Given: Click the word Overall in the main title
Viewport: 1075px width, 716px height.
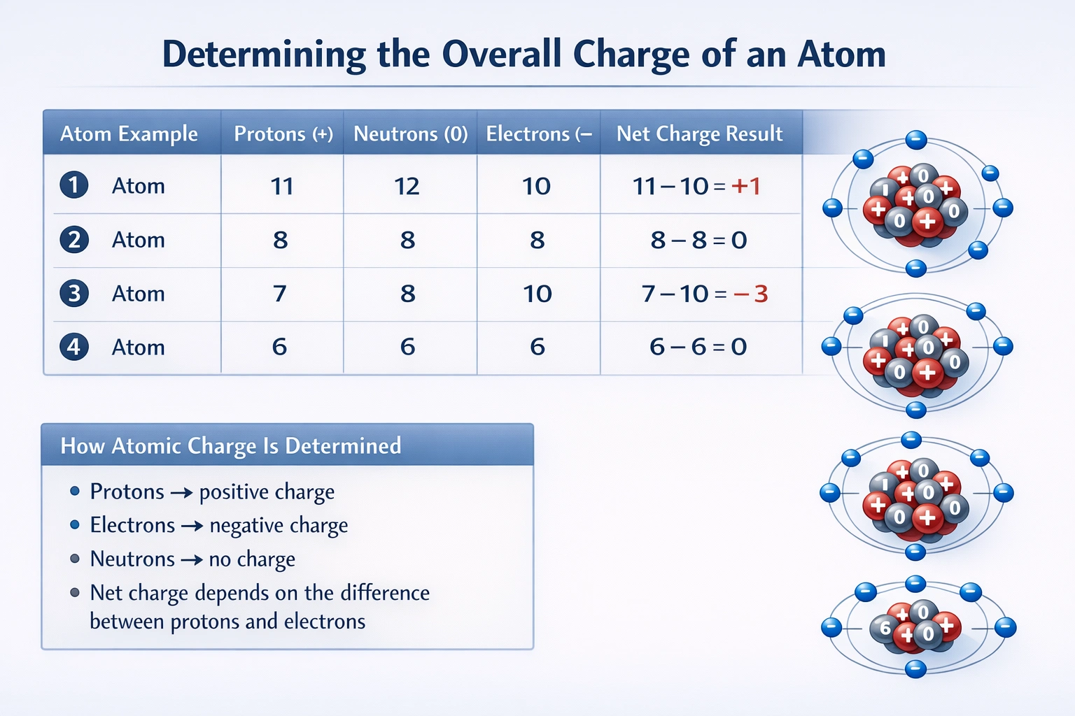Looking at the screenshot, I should pyautogui.click(x=501, y=55).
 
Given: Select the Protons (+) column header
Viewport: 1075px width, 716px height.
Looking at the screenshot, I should pyautogui.click(x=283, y=134).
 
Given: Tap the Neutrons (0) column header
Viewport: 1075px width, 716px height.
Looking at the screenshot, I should pyautogui.click(x=410, y=134).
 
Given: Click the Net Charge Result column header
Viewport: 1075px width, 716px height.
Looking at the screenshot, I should pyautogui.click(x=699, y=134).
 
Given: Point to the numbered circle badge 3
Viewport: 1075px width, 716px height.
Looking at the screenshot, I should pyautogui.click(x=74, y=293).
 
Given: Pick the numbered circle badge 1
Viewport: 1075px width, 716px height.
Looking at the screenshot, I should pyautogui.click(x=74, y=185).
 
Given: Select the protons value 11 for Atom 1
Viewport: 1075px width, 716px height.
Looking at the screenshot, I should pyautogui.click(x=281, y=186).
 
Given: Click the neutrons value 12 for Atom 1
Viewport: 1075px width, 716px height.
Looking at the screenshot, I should pyautogui.click(x=407, y=186).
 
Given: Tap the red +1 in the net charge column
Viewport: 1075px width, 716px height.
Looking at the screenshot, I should pyautogui.click(x=745, y=186).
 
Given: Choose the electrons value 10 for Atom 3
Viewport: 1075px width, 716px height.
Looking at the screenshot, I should pyautogui.click(x=537, y=294).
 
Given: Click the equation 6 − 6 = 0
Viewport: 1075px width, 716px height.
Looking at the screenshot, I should pyautogui.click(x=698, y=347).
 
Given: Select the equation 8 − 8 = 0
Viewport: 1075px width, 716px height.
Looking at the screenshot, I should pyautogui.click(x=698, y=240).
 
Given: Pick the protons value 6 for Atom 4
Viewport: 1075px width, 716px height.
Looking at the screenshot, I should pyautogui.click(x=279, y=347).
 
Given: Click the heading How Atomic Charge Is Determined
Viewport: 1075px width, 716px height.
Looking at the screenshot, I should pyautogui.click(x=231, y=446).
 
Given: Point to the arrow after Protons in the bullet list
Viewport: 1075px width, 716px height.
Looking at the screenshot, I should pyautogui.click(x=181, y=493).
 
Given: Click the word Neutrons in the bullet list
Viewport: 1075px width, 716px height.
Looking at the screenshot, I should pyautogui.click(x=132, y=559).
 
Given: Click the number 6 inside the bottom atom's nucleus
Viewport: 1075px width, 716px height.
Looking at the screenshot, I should pyautogui.click(x=885, y=628).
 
